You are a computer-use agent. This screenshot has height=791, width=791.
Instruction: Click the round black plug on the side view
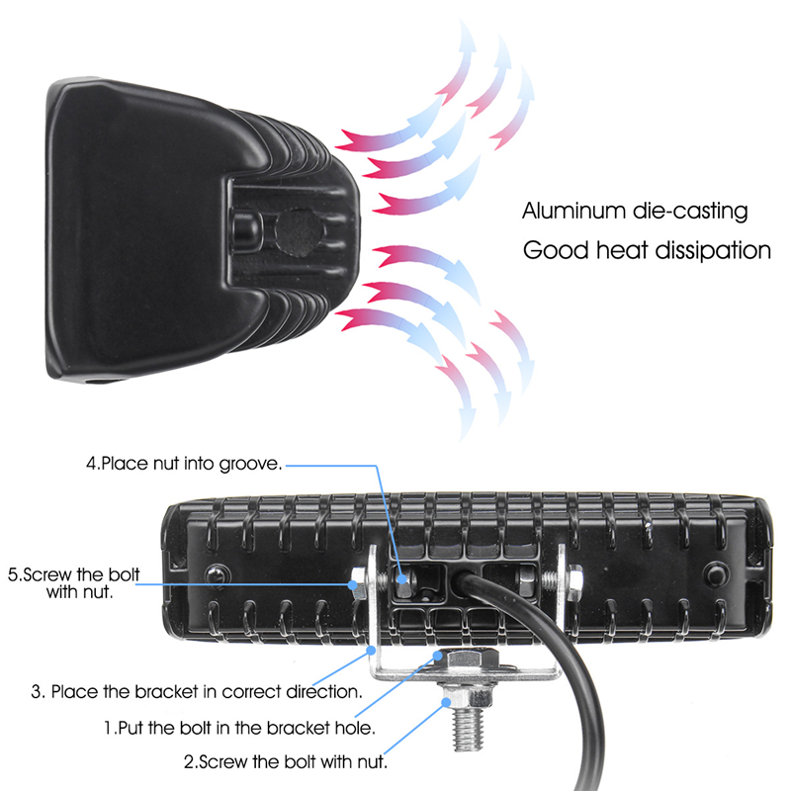tap(297, 230)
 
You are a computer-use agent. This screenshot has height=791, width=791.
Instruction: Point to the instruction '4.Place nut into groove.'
tap(184, 462)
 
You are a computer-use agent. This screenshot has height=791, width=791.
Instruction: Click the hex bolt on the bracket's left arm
tap(360, 584)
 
